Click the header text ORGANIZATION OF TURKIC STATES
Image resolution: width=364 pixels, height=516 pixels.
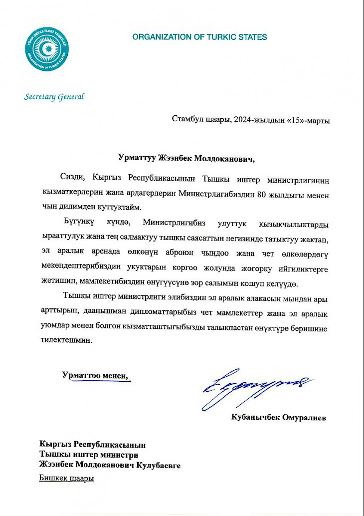coord(199,37)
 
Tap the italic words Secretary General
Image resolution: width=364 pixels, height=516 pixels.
coord(54,97)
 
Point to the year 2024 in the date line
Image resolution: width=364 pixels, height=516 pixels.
coord(242,120)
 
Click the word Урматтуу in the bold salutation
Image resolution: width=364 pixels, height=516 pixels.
coord(137,159)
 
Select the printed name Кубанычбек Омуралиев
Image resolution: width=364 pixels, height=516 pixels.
coord(279,418)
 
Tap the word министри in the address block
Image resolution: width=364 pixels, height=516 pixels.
coord(118,455)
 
